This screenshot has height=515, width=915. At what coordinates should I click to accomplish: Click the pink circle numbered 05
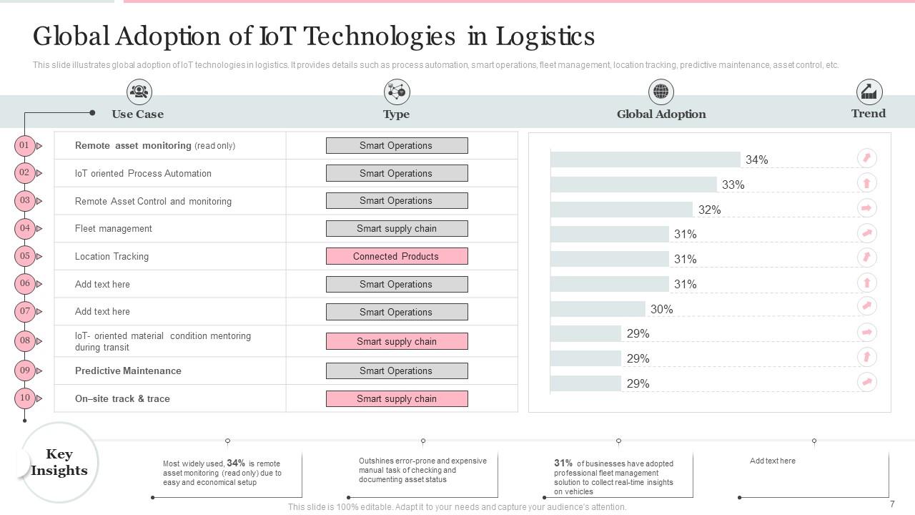click(25, 256)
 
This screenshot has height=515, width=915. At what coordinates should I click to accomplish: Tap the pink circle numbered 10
click(25, 398)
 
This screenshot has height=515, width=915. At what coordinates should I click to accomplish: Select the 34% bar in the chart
click(645, 160)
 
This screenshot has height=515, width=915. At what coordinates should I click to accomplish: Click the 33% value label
click(733, 185)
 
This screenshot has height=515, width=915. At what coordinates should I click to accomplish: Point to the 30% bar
click(598, 309)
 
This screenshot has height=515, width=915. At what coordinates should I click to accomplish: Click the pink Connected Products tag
click(397, 256)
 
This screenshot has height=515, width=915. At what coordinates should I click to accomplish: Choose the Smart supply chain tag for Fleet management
click(397, 229)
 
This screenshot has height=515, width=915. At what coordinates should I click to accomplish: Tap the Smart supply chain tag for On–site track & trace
click(397, 398)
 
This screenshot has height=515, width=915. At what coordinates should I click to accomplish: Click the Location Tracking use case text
click(112, 256)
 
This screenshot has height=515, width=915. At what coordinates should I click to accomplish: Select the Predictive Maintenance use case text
click(128, 371)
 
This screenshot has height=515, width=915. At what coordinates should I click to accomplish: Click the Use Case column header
click(137, 114)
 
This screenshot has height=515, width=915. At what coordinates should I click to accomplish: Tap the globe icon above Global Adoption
click(661, 92)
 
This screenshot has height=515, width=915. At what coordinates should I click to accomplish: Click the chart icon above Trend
click(869, 92)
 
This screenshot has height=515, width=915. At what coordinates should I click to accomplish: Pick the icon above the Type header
click(397, 92)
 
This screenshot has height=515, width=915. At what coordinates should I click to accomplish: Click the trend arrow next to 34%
click(866, 158)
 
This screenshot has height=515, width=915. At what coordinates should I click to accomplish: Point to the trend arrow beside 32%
click(866, 208)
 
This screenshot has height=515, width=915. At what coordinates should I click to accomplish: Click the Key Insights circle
click(59, 463)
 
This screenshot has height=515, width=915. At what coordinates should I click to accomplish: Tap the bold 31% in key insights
click(563, 463)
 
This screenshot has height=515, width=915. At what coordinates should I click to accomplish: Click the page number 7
click(892, 504)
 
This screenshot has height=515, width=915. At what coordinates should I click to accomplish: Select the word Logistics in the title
click(545, 36)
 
